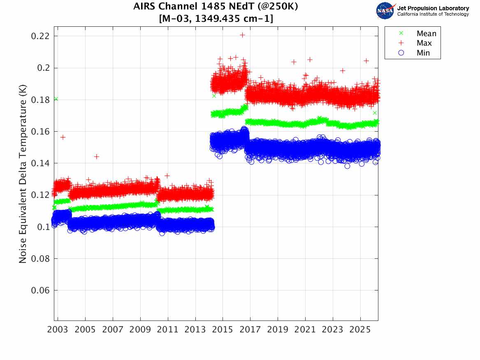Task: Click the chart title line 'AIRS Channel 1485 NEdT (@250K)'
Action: point(216,7)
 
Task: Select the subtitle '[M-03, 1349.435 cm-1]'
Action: point(216,19)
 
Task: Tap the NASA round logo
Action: point(385,11)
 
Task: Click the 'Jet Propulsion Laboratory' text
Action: point(433,8)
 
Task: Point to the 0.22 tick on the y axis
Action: point(40,36)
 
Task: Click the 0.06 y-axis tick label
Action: point(40,290)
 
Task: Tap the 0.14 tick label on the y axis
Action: point(40,163)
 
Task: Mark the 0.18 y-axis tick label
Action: point(40,100)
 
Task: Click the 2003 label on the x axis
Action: point(58,330)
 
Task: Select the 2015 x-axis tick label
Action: point(223,330)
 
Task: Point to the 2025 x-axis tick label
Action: point(360,330)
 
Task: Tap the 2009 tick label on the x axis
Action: point(140,330)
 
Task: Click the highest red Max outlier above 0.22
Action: point(243,35)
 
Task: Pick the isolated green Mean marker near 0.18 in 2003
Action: point(56,99)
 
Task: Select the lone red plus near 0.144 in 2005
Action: point(97,156)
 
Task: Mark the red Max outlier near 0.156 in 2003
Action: point(63,137)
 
